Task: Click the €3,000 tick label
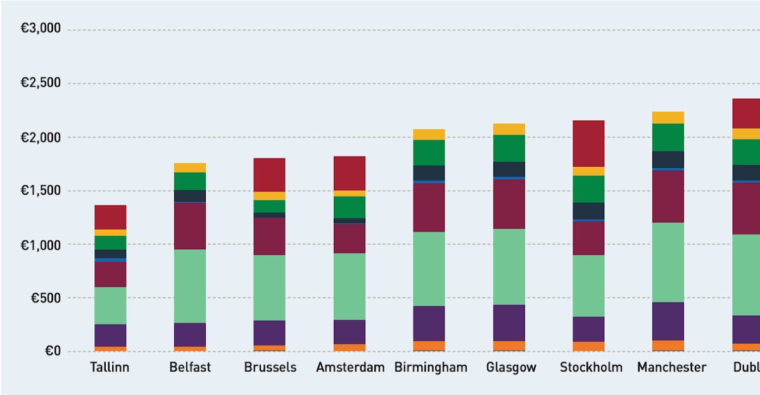tap(41, 29)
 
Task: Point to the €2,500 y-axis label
tap(41, 83)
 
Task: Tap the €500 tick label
tap(44, 298)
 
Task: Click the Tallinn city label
tap(110, 367)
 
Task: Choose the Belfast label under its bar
tap(190, 367)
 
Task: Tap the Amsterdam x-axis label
tap(350, 367)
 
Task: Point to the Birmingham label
tap(431, 367)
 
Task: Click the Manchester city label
tap(671, 367)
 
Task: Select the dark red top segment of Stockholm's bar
tap(588, 143)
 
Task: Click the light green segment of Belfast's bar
tap(190, 286)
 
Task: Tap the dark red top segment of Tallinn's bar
tap(110, 217)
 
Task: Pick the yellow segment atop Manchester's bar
tap(668, 117)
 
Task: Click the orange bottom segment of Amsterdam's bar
tap(350, 347)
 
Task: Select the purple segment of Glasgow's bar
tap(509, 323)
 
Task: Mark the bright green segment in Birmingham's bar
tap(429, 152)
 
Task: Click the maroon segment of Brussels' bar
tap(269, 236)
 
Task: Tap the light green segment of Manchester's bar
tap(668, 262)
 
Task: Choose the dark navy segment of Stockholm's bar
tap(588, 210)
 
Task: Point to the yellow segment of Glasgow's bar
tap(509, 129)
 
